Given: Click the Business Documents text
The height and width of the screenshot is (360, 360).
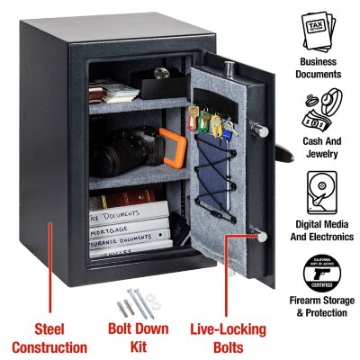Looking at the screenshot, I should tap(316, 67).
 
